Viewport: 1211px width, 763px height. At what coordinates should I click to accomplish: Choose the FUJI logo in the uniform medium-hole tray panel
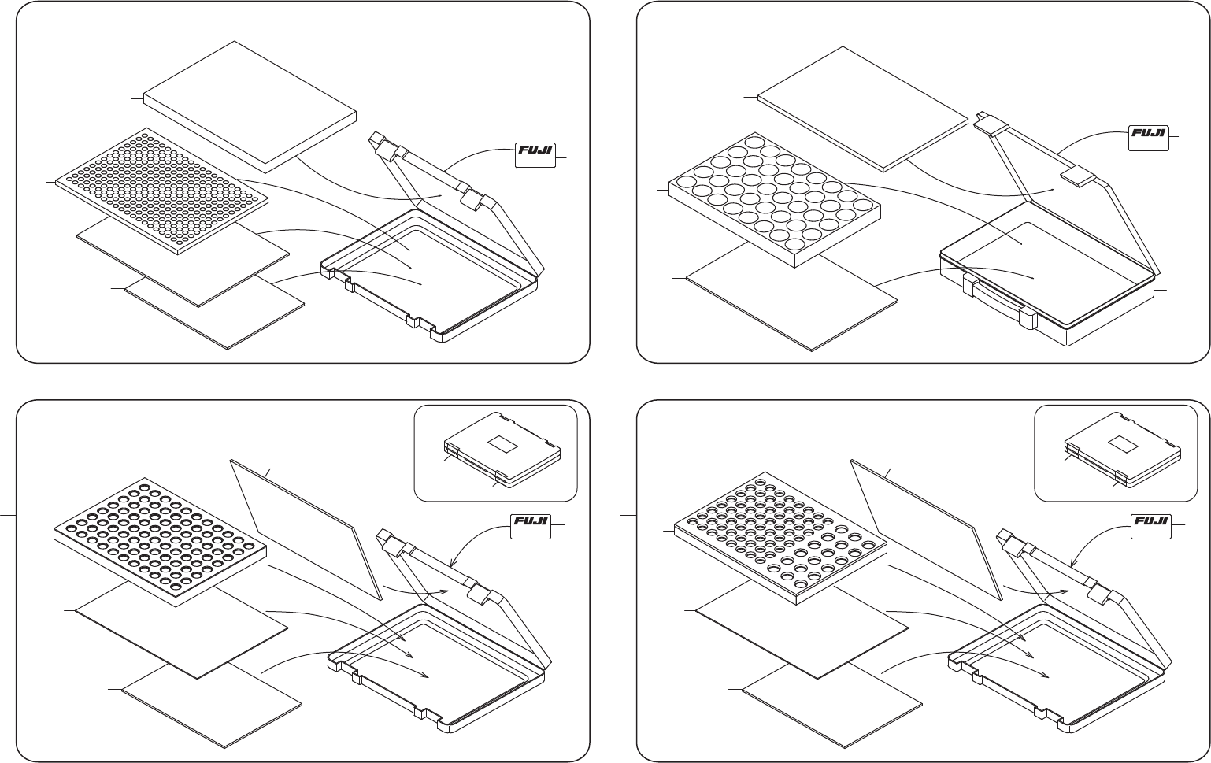(x=531, y=526)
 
